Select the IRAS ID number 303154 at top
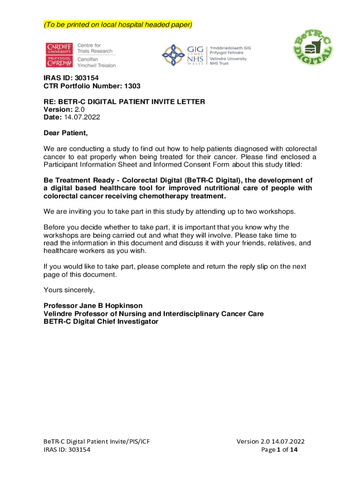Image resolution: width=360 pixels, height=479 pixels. pyautogui.click(x=86, y=78)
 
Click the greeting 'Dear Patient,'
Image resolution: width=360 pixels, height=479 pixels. pyautogui.click(x=65, y=133)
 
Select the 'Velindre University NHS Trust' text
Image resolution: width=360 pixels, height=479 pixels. pyautogui.click(x=228, y=61)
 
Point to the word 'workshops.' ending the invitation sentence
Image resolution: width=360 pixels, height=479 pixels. pyautogui.click(x=278, y=211)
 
